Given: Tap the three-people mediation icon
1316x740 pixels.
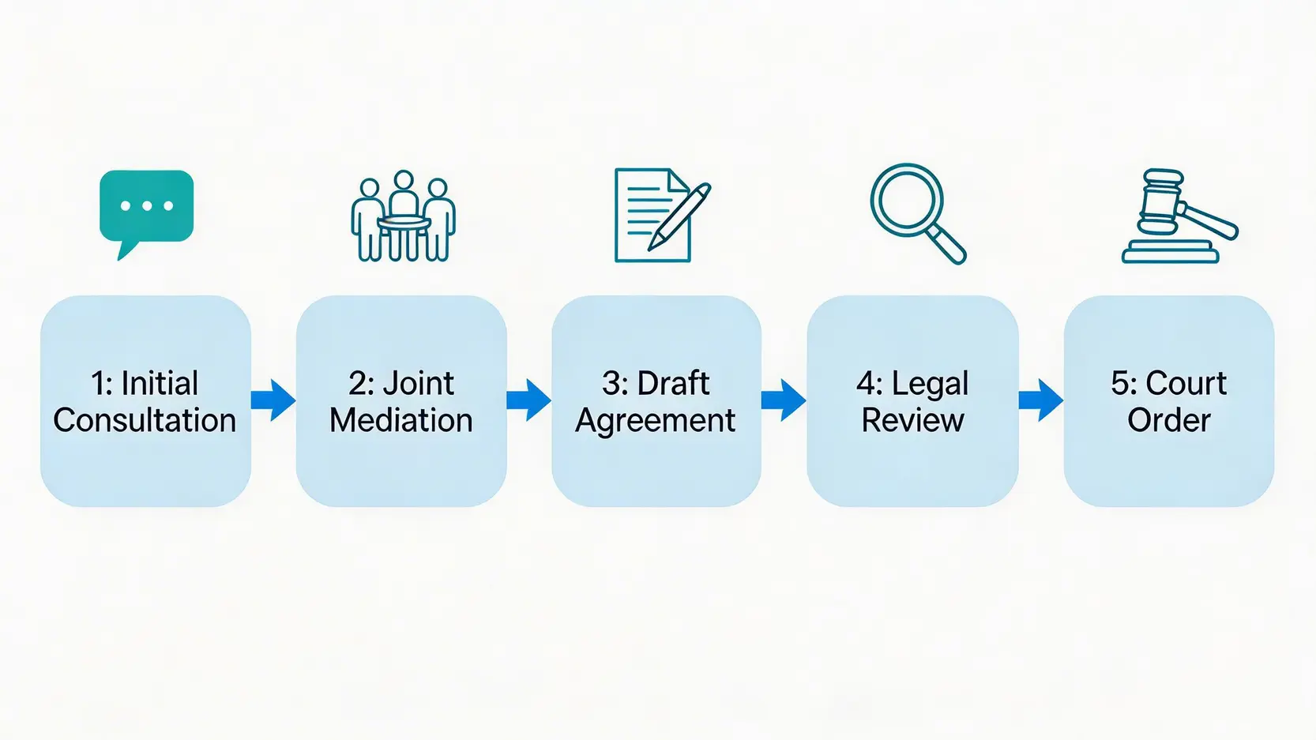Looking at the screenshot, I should [x=403, y=216].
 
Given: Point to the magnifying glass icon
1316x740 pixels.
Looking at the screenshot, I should [x=916, y=212].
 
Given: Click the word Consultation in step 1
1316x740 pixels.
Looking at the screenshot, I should [x=145, y=420].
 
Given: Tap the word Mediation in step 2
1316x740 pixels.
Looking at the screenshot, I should [x=401, y=420].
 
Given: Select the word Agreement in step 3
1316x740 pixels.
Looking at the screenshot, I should [x=656, y=421].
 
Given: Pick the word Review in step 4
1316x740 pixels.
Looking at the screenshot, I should [x=912, y=420].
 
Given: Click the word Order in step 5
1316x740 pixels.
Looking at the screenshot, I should [x=1168, y=420].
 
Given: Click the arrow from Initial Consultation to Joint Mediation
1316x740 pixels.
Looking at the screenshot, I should [x=273, y=400].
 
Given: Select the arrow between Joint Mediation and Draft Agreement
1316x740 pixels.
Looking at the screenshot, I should [x=528, y=400].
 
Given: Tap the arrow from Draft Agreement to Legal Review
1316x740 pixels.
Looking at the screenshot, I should [x=784, y=400].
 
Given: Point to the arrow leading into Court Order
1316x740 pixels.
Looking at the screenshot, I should [x=1040, y=400].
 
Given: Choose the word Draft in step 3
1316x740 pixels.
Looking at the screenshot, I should [x=673, y=384].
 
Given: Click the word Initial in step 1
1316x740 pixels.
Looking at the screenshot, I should [x=160, y=384].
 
